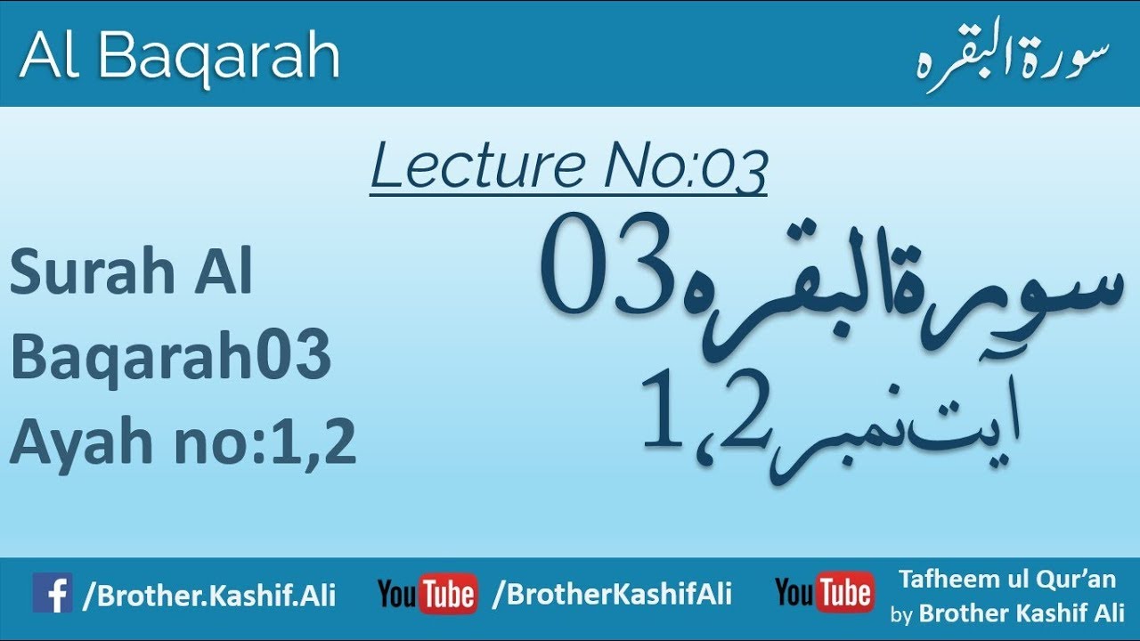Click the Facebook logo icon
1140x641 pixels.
point(53,593)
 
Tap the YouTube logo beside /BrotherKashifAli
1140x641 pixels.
point(427,594)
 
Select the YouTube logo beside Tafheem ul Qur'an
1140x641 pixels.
point(824,594)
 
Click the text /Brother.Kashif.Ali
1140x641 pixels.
point(209,596)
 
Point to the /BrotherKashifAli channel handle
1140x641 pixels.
point(612,594)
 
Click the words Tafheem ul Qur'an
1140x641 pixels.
point(1006,580)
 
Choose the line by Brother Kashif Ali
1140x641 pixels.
point(1007,613)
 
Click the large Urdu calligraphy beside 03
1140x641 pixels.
point(900,303)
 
